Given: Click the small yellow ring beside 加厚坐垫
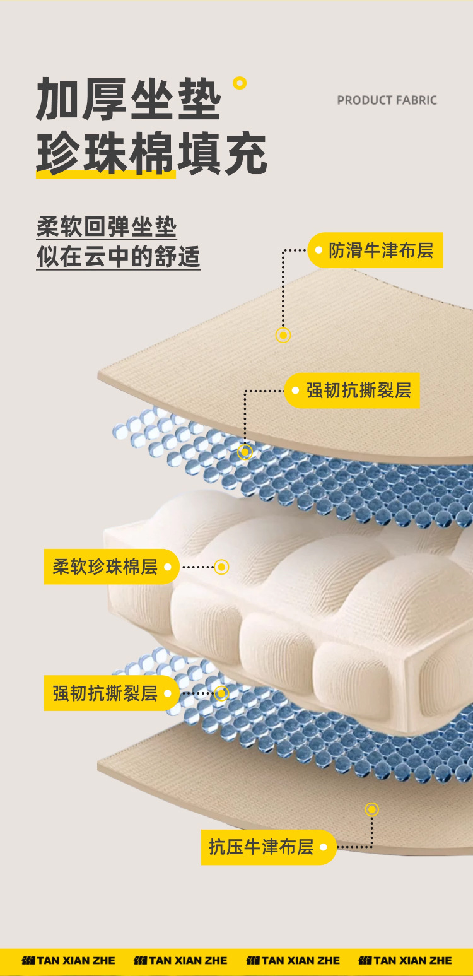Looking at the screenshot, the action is coord(240,83).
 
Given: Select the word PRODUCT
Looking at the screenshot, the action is coord(364,100).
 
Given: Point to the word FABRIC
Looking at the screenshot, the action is coord(416,100).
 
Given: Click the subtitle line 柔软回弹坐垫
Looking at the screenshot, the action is coord(107,227).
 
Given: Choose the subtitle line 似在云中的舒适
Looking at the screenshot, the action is coord(118,257).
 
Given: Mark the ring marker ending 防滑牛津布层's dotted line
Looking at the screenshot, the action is coord(283,335).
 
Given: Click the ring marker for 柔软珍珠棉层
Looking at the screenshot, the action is coord(221,567).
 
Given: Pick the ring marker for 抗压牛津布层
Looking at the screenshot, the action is coord(372,809).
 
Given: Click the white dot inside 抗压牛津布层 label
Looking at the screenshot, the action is coord(324,847).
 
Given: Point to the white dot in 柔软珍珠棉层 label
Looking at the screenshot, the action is coord(168,567).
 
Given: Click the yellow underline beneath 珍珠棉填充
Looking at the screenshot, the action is coord(106,173).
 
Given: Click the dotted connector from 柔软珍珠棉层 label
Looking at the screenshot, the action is coord(198,567).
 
